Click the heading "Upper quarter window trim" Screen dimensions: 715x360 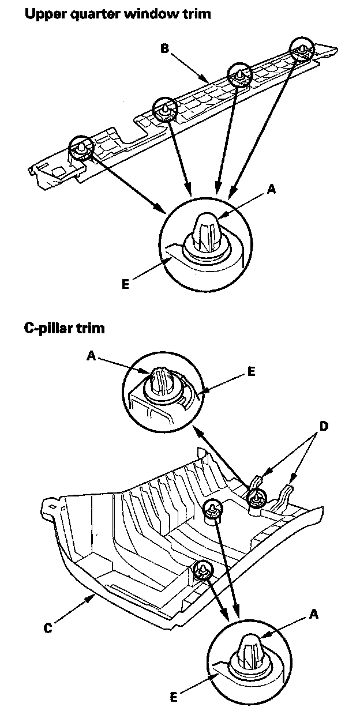[x=117, y=14]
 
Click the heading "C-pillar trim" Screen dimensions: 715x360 [x=64, y=329]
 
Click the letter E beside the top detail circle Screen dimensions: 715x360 [x=126, y=283]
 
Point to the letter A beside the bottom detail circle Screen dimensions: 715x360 [x=313, y=615]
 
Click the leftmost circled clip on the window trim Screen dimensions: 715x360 [x=81, y=148]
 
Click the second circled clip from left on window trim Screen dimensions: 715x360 [x=164, y=109]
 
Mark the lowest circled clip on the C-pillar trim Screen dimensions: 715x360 [x=203, y=570]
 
